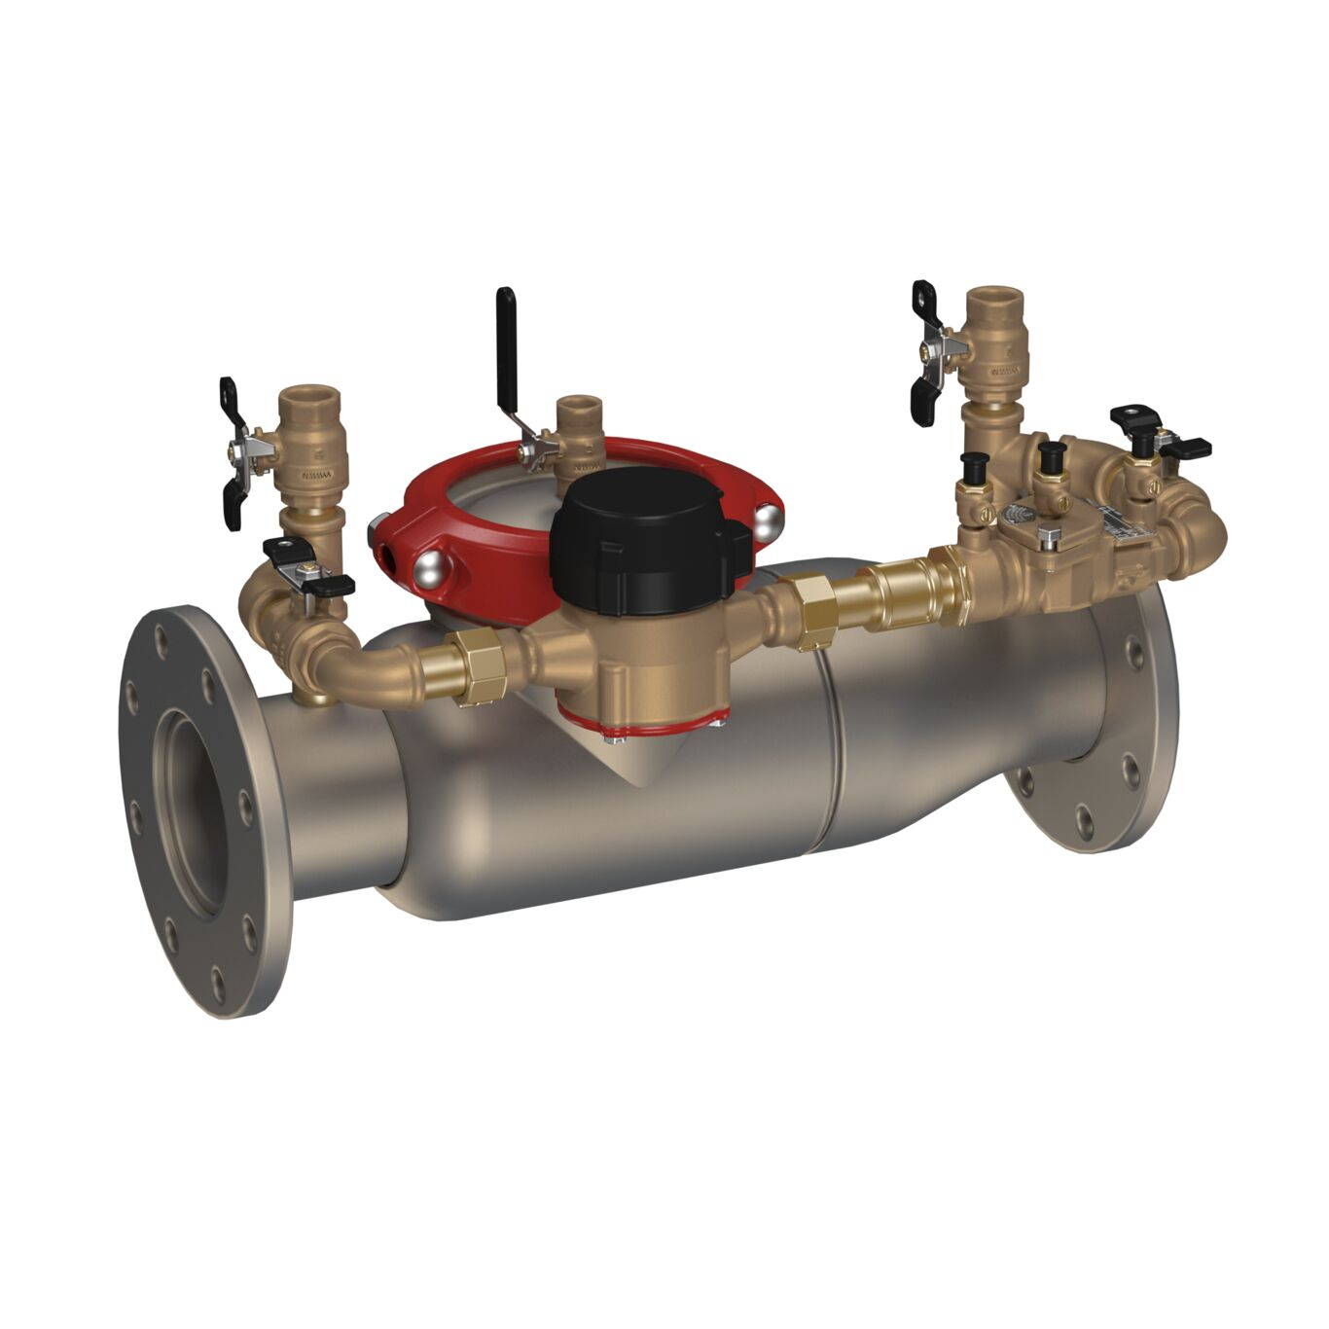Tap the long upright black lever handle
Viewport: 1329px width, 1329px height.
(506, 344)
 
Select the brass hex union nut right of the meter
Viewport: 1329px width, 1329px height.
(810, 610)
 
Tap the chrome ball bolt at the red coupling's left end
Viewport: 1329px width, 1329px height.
(427, 571)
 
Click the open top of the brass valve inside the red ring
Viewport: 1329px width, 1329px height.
(581, 406)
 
